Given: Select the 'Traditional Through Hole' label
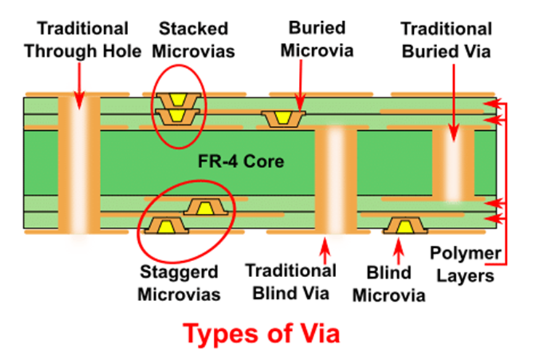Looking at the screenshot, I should (83, 39).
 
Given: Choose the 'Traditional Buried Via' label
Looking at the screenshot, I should (447, 39).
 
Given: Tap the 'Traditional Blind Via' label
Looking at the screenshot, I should (290, 281).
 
